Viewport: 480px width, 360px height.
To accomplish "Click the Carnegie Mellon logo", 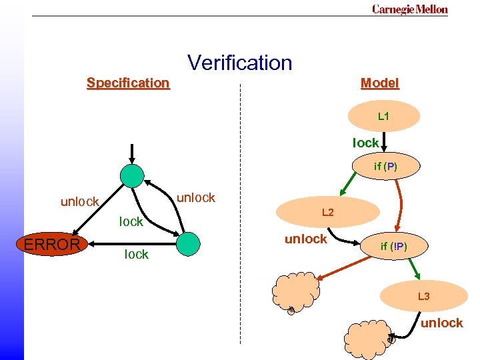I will click(409, 9).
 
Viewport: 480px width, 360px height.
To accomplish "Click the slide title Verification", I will click(240, 63).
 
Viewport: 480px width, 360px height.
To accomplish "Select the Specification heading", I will click(128, 83).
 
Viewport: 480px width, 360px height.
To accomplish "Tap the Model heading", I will click(379, 83).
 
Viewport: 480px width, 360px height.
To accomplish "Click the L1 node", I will click(383, 117).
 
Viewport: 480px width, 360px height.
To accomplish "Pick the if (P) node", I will click(385, 167).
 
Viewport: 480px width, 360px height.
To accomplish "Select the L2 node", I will click(327, 213).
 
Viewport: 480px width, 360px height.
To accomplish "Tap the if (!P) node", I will click(393, 247).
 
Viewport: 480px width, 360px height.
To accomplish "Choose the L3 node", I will click(423, 297).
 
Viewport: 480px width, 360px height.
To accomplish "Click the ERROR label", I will click(51, 245).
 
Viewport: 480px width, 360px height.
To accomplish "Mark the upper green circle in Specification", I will click(132, 175).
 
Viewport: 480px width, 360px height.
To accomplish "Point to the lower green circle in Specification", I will click(189, 243).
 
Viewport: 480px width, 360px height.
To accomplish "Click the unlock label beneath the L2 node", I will click(305, 239).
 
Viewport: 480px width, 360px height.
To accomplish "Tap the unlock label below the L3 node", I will click(441, 323).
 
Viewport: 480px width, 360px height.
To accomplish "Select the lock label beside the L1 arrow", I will click(365, 143).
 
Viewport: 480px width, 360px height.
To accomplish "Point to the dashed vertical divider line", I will click(240, 213).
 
